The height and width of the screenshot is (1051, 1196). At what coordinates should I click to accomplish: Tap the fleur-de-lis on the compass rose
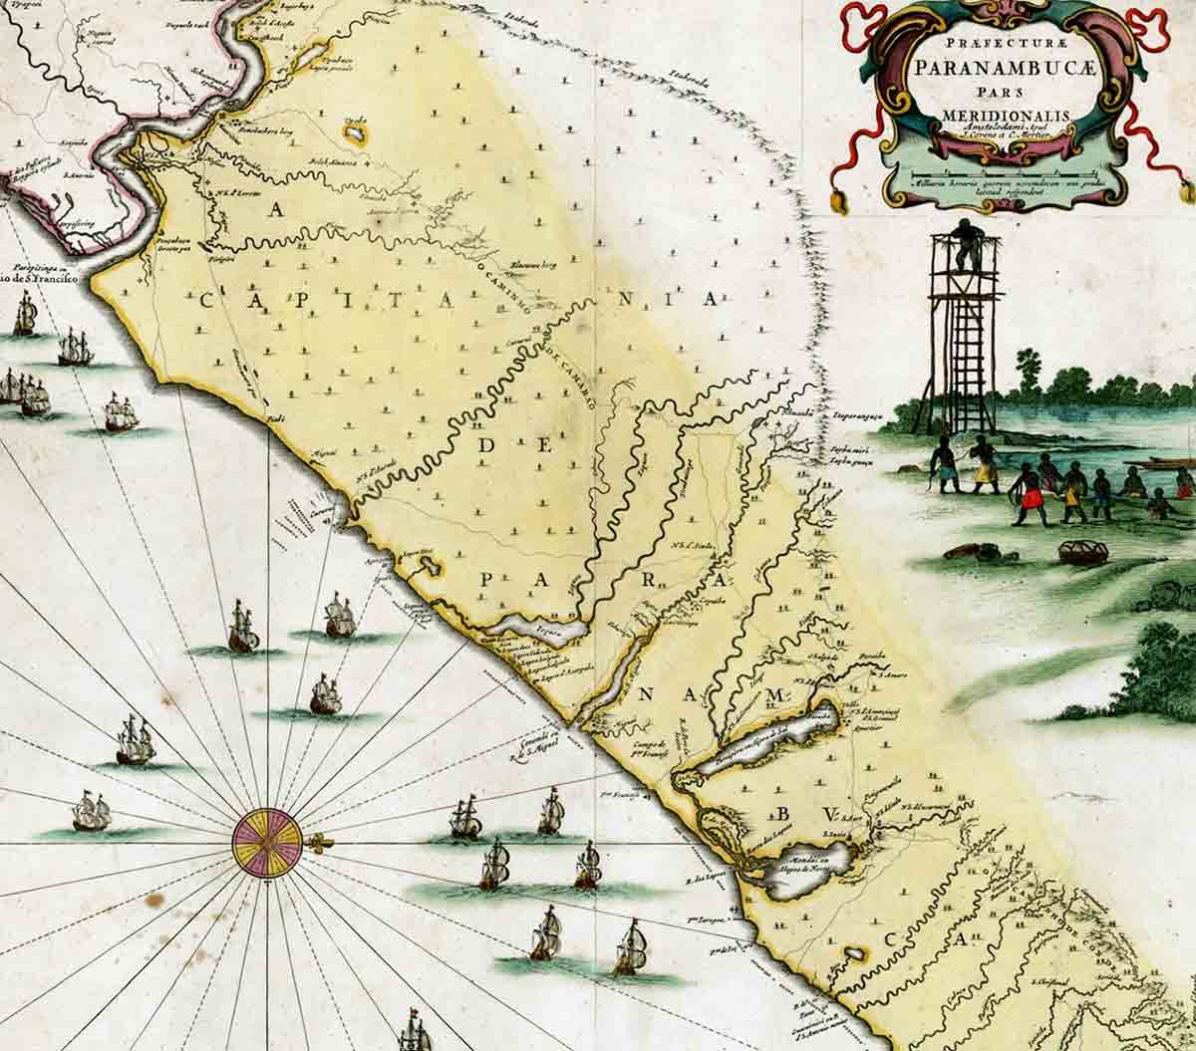(317, 844)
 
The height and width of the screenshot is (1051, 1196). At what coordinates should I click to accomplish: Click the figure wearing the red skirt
(1026, 494)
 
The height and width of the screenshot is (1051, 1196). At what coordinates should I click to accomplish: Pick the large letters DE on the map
(514, 447)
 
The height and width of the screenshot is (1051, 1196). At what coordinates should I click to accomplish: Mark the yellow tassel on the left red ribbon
(838, 204)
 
